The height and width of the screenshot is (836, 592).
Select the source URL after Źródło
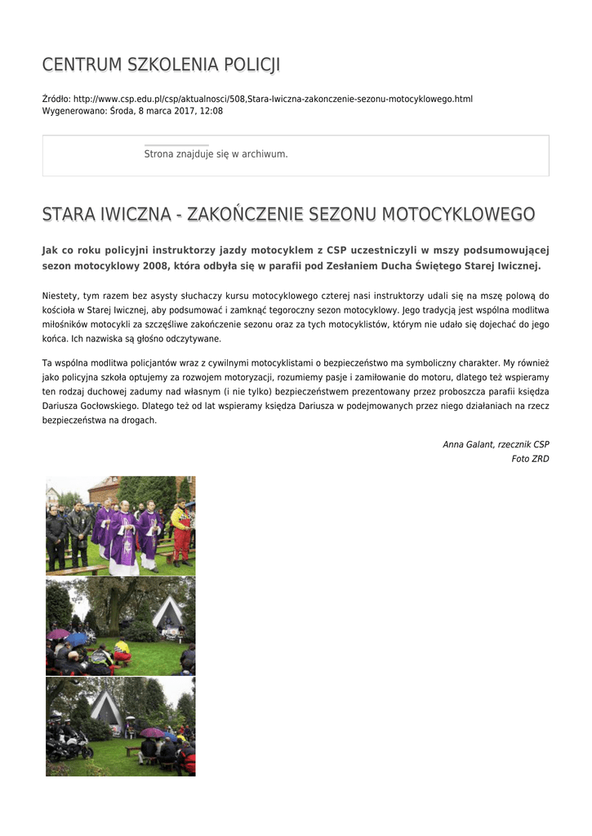pyautogui.click(x=273, y=99)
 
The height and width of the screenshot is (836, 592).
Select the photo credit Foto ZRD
pyautogui.click(x=530, y=459)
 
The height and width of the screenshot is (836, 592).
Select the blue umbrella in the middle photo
pyautogui.click(x=78, y=638)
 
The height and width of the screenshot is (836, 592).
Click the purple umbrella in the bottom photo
pyautogui.click(x=152, y=732)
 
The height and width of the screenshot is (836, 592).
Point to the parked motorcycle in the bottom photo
pyautogui.click(x=69, y=742)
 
